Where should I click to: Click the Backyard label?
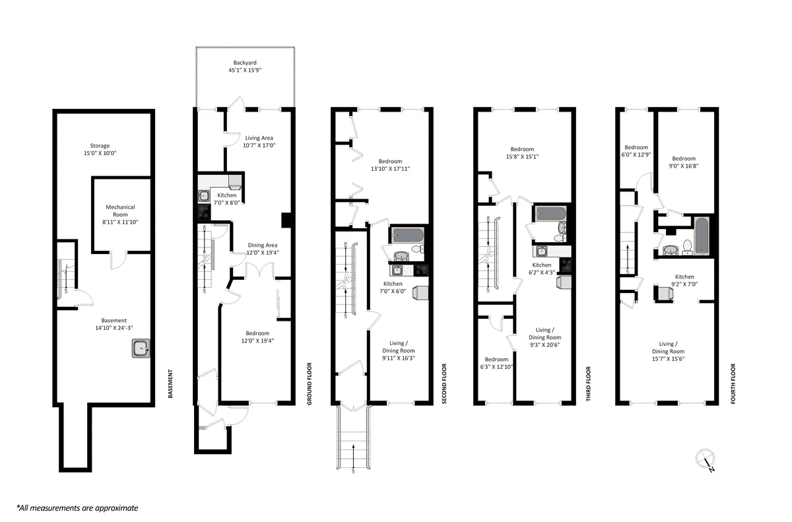click(244, 67)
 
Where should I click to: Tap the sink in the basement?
click(141, 348)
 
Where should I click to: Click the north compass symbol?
click(706, 459)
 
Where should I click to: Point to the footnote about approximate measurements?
click(77, 507)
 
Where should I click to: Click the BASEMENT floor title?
click(170, 385)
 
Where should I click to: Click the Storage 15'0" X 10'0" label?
click(100, 149)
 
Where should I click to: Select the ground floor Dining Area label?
click(263, 248)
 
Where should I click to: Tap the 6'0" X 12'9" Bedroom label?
click(636, 151)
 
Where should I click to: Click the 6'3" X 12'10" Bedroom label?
click(496, 363)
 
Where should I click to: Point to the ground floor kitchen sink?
click(204, 196)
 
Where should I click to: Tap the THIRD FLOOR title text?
click(588, 384)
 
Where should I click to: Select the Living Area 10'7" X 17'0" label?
click(259, 141)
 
